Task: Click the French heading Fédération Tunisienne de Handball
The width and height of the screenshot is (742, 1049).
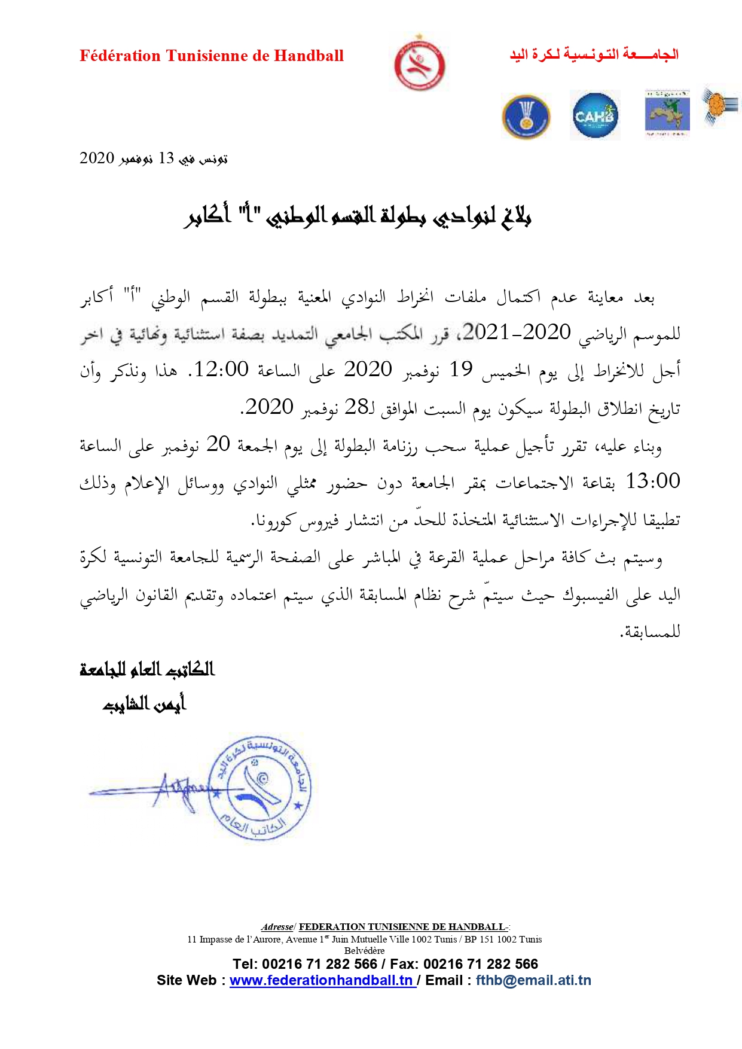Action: tap(212, 56)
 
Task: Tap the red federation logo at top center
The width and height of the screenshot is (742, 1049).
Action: tap(420, 63)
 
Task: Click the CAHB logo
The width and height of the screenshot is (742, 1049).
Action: tap(594, 115)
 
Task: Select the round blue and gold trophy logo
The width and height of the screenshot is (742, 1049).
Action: tap(526, 116)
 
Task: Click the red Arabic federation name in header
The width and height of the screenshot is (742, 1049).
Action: tap(594, 54)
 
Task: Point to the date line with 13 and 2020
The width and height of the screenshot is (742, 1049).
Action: tap(154, 158)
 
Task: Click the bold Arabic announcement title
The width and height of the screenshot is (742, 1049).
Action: tap(358, 216)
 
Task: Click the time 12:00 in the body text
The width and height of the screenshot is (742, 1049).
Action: tap(221, 370)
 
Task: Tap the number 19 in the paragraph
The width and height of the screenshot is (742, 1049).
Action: tap(461, 370)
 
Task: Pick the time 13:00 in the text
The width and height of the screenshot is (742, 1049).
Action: tap(652, 481)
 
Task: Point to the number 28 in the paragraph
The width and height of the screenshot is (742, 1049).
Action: tap(358, 407)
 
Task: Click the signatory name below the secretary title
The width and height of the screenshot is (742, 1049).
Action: tap(145, 705)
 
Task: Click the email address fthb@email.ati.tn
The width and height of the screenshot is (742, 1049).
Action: tap(533, 980)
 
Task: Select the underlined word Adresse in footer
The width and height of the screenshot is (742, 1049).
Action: tap(277, 926)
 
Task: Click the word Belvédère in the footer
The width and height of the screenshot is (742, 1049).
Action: tap(365, 950)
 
